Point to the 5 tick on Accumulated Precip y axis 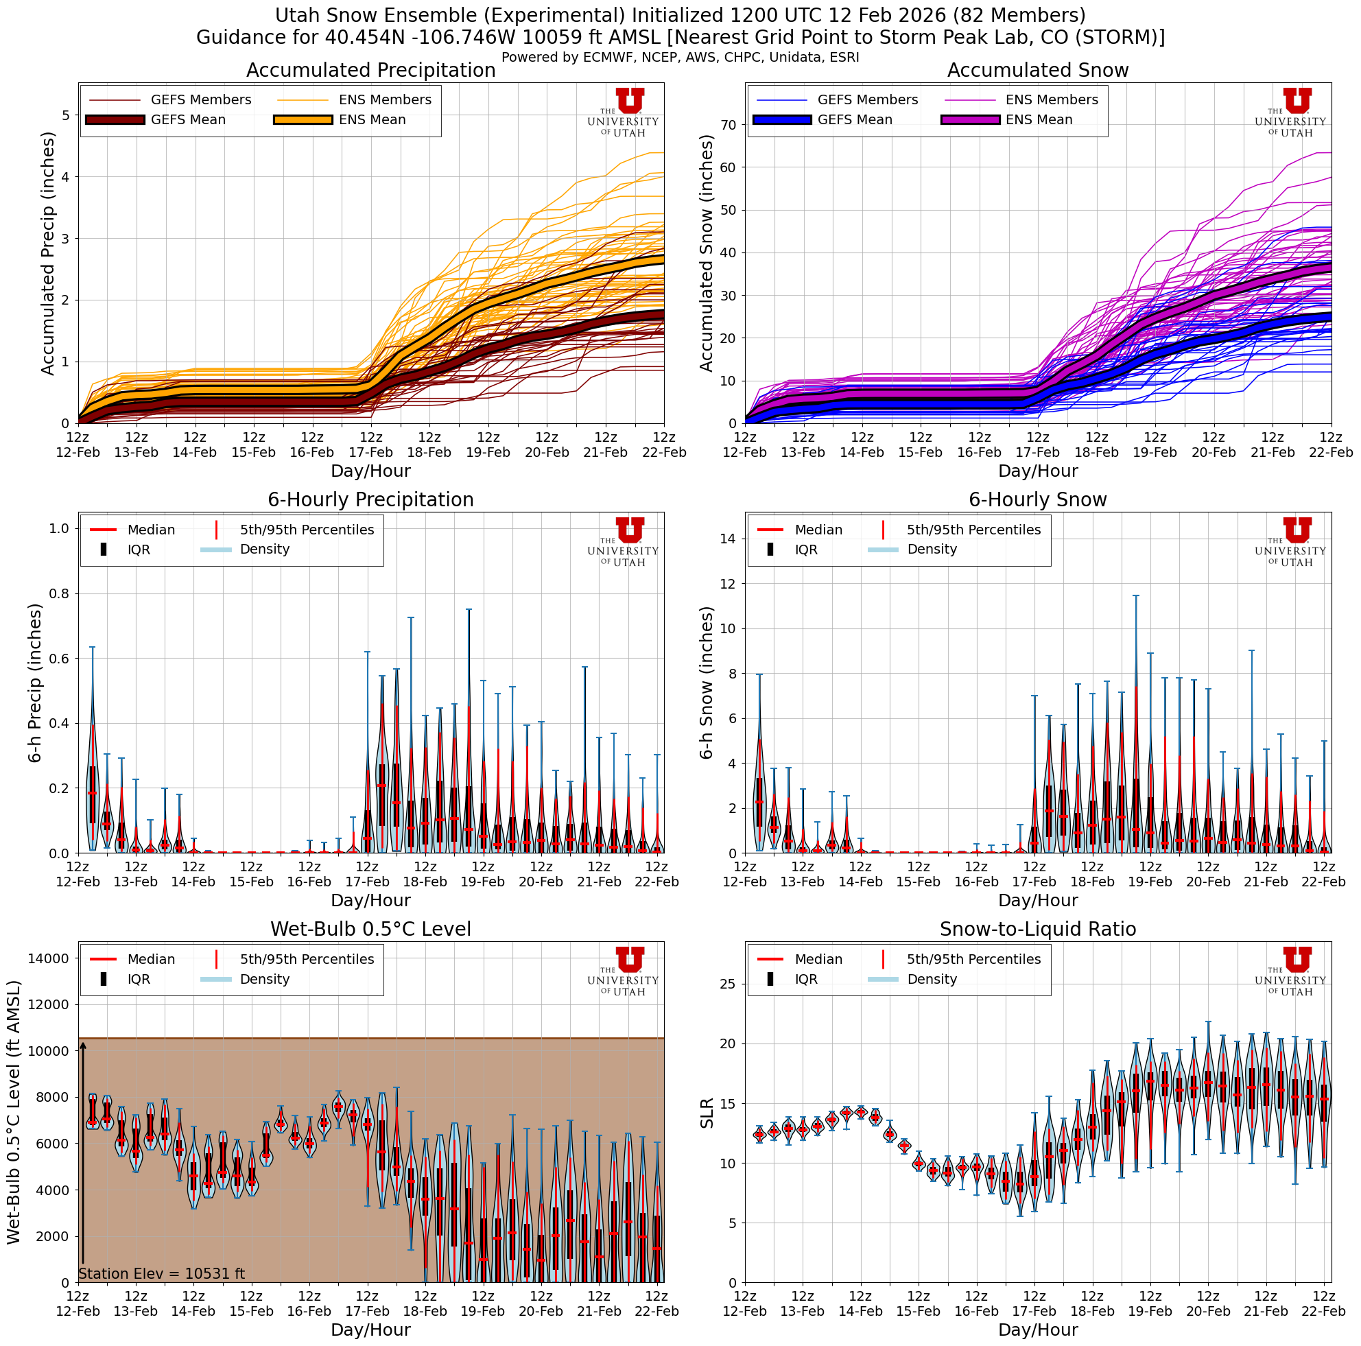66,115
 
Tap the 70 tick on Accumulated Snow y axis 729,125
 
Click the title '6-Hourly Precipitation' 370,499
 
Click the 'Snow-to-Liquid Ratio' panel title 1038,929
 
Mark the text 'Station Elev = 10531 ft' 161,1273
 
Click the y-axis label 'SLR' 707,1113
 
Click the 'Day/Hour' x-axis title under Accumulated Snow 1038,471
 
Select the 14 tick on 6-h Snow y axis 729,539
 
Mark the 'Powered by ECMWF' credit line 680,57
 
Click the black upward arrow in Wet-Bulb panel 82,1155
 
